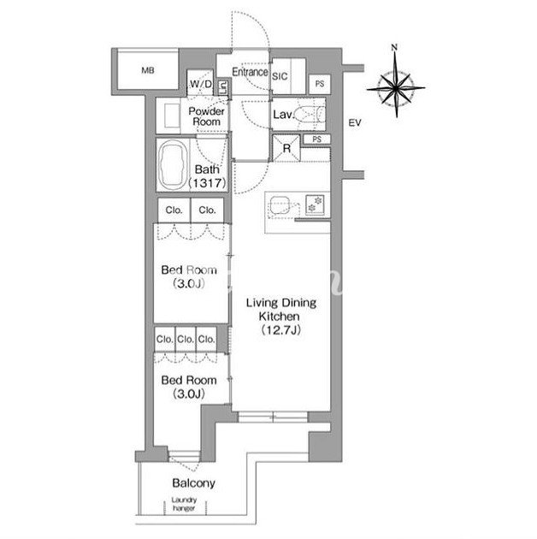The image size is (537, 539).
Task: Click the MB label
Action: click(x=148, y=70)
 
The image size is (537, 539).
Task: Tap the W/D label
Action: click(x=201, y=84)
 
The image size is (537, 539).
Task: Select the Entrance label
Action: click(x=250, y=72)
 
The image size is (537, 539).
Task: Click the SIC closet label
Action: click(x=280, y=76)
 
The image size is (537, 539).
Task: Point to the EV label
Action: click(x=355, y=122)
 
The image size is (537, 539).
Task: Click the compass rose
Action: click(x=396, y=88)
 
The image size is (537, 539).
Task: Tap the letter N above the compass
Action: click(x=394, y=47)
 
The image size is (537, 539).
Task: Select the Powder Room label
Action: click(x=206, y=116)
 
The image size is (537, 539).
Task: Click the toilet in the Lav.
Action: click(x=310, y=114)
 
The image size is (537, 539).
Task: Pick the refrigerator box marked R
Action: click(x=286, y=148)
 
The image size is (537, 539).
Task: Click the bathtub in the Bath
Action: click(x=174, y=165)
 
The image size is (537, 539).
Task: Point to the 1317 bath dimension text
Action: click(x=208, y=183)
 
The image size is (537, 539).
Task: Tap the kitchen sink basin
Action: click(x=279, y=205)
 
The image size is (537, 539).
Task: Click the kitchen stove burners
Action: click(x=315, y=204)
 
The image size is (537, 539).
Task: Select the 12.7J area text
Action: click(x=281, y=330)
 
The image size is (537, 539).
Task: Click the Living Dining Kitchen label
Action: click(x=280, y=310)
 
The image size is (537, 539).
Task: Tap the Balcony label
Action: click(x=194, y=483)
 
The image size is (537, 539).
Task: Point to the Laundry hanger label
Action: click(x=184, y=504)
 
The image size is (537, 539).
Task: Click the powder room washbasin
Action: click(x=172, y=115)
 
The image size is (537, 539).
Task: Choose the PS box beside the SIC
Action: click(x=320, y=84)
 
